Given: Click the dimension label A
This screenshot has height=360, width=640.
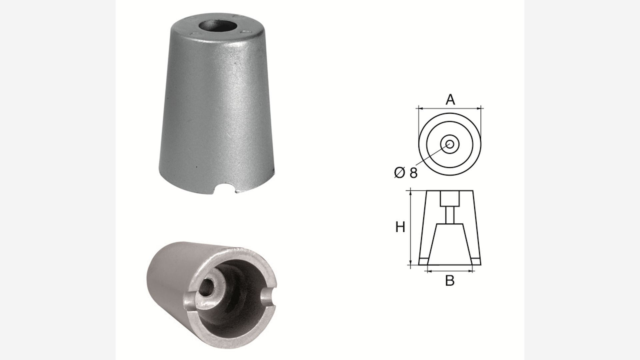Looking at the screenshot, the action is click(450, 99).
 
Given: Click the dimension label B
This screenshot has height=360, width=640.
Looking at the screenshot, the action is click(450, 281).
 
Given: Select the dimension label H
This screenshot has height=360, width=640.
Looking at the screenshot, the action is click(400, 227).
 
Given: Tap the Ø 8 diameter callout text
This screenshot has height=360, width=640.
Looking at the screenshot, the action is click(406, 173).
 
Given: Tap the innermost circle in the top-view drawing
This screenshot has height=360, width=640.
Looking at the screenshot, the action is click(450, 144).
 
